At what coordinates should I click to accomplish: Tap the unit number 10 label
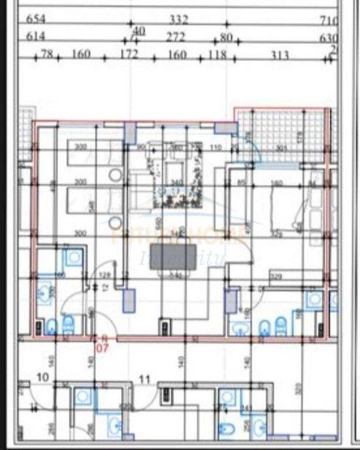43,377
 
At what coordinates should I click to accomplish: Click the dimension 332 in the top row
178,20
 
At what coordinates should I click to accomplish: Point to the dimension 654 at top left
36,19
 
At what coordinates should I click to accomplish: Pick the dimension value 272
175,37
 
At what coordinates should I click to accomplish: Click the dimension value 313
280,55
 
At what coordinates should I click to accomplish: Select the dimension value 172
128,54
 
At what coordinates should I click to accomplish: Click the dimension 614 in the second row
36,36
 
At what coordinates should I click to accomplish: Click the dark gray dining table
173,258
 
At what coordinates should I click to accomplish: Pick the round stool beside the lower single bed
115,221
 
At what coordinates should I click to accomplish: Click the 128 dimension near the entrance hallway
105,275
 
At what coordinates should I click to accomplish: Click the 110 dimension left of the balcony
216,147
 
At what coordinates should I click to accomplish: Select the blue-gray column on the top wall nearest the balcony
223,128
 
